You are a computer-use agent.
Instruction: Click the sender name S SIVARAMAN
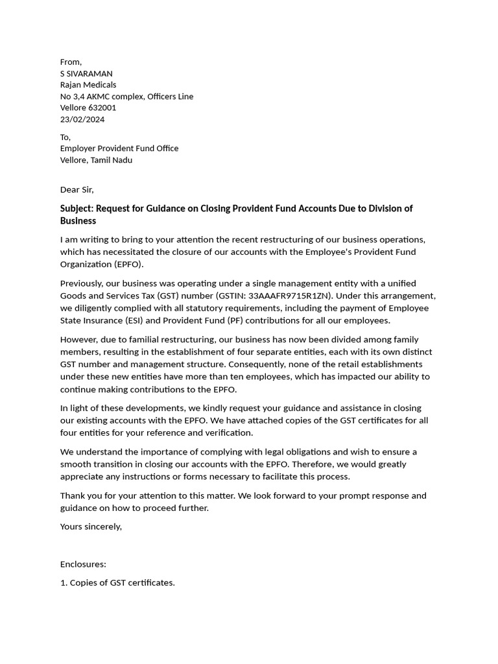(86, 73)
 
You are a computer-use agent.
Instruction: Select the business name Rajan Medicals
(88, 85)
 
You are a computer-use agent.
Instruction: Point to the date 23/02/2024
(82, 119)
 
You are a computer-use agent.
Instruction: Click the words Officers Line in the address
(171, 97)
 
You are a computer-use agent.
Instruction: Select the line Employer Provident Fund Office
(119, 148)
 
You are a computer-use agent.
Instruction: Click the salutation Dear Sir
(77, 190)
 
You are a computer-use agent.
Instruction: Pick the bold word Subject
(77, 209)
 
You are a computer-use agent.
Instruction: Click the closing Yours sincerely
(91, 527)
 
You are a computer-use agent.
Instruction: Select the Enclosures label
(83, 564)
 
